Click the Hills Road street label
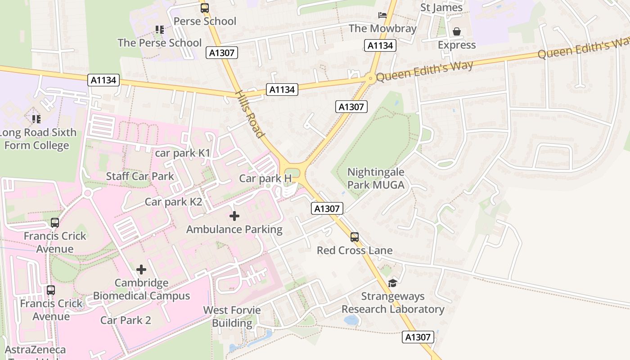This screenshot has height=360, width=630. pos(249,114)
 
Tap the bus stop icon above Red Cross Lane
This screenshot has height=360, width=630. pos(355,237)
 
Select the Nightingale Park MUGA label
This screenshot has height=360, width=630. pos(376,178)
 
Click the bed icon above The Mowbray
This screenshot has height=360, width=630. pos(382,15)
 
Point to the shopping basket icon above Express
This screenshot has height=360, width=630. pos(457,31)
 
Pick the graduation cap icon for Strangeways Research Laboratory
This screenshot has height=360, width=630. pos(392,283)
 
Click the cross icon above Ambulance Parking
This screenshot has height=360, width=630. pos(234,216)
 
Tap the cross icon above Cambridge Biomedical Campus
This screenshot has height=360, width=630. pos(141,270)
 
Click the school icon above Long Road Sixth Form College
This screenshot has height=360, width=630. pos(36,119)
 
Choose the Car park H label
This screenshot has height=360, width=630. pos(265,178)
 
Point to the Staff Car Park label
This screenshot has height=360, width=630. pos(140,176)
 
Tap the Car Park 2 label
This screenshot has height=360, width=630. pos(126,320)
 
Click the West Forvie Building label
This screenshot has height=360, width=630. pos(232,316)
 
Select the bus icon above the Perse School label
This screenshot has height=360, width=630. pos(205,8)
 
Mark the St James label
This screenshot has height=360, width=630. pos(441,8)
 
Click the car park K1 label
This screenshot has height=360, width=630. pos(183,153)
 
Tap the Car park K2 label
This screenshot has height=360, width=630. pos(173,202)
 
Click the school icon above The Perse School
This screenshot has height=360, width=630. pos(159,30)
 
